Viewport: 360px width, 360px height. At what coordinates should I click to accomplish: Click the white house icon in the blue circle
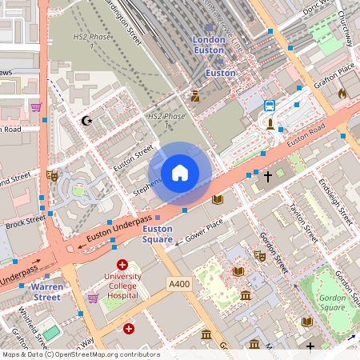pos(180,173)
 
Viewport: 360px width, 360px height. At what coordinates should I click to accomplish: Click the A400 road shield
pos(178,283)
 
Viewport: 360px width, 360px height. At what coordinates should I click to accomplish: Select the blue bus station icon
pos(270,105)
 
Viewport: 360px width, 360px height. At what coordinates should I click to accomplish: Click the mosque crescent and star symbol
pos(87,121)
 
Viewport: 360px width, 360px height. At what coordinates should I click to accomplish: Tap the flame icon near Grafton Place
pos(342,94)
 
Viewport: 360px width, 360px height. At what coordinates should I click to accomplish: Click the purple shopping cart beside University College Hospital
pos(93,298)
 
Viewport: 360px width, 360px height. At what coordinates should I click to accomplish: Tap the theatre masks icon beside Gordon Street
pos(259,255)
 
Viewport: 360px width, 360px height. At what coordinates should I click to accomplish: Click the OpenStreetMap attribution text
pos(80,354)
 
